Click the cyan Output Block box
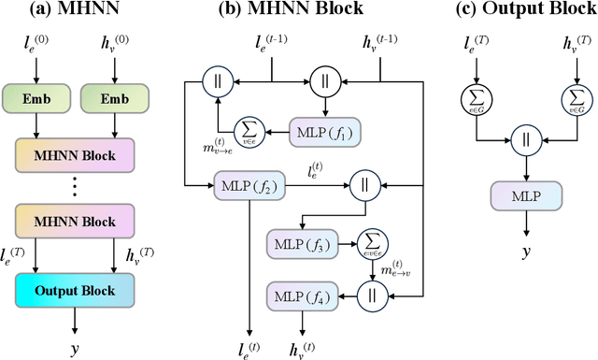click(74, 290)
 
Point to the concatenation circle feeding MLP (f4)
click(371, 295)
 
